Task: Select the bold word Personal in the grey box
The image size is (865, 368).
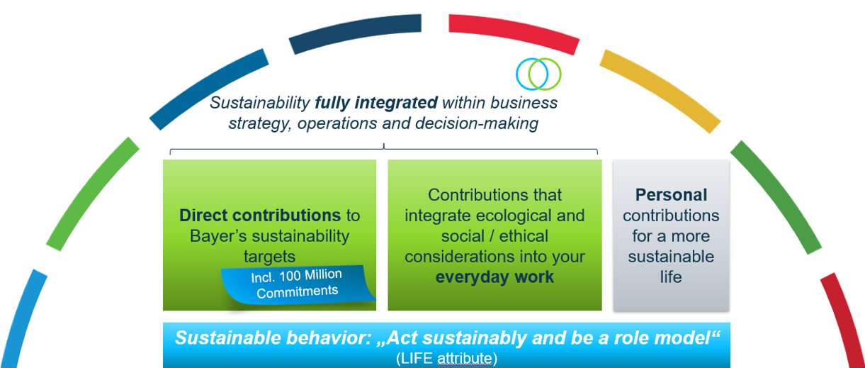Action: pos(671,194)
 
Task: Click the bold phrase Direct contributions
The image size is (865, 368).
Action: pos(260,215)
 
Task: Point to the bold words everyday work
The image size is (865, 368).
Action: pos(494,277)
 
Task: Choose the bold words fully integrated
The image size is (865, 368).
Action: pos(375,103)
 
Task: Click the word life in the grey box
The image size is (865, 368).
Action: pos(671,277)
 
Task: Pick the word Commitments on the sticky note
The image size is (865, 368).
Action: pos(297,291)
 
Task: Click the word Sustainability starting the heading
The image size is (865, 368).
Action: pos(260,103)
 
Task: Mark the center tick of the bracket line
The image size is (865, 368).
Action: pos(383,147)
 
